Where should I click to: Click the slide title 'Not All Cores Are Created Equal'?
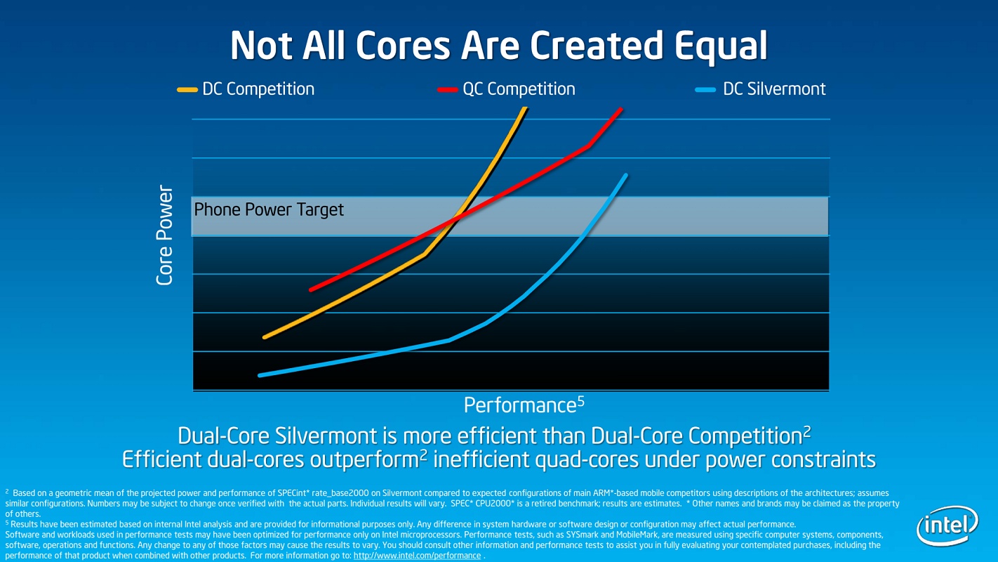[498, 46]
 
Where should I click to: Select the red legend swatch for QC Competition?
[447, 90]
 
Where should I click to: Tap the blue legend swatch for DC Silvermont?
[705, 90]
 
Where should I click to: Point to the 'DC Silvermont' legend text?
[774, 89]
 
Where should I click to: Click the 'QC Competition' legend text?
[519, 89]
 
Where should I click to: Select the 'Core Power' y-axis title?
[165, 235]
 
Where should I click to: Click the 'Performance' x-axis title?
[519, 406]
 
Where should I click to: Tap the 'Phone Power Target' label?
[269, 209]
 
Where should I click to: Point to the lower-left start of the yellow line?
[265, 337]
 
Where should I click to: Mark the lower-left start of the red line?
[311, 289]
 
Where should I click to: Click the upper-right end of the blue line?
[625, 175]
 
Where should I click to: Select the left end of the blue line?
[260, 375]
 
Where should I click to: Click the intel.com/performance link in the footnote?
[417, 556]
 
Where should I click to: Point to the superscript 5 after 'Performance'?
[580, 400]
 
